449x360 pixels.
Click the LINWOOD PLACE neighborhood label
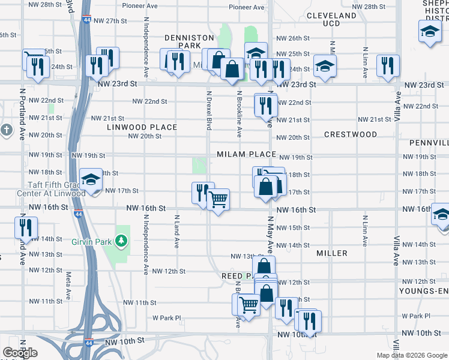point(142,127)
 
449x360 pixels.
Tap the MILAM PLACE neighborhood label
point(247,154)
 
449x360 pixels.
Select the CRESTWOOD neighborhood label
point(350,134)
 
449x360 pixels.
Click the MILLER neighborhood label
point(332,253)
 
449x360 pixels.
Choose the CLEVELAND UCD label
point(331,19)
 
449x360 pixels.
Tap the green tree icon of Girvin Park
point(122,241)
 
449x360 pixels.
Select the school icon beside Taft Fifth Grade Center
point(91,179)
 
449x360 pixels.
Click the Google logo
point(20,352)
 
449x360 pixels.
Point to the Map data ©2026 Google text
point(412,355)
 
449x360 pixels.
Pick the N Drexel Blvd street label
point(209,110)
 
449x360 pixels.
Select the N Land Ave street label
point(177,231)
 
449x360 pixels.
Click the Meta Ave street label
point(68,286)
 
